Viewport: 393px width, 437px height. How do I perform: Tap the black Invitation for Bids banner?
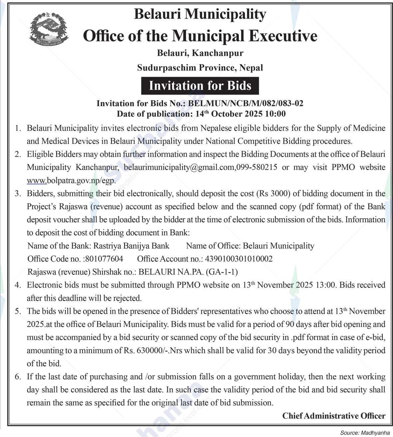pyautogui.click(x=200, y=85)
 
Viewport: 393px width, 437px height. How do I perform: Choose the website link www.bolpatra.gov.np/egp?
pyautogui.click(x=71, y=180)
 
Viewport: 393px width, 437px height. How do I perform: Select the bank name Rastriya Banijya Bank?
pyautogui.click(x=131, y=246)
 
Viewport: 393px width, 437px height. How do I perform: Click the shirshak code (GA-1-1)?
pyautogui.click(x=222, y=272)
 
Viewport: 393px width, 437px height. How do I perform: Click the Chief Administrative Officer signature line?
pyautogui.click(x=333, y=416)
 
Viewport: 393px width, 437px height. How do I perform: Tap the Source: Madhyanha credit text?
pyautogui.click(x=364, y=433)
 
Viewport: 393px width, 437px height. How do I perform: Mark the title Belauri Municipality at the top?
pyautogui.click(x=200, y=14)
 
